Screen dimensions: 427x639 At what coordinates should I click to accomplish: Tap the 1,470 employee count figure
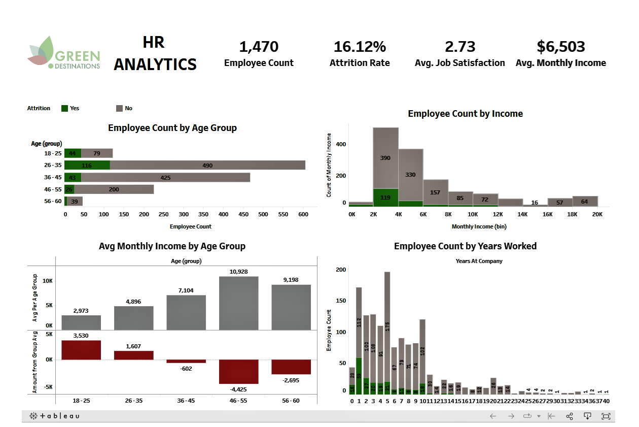tap(259, 47)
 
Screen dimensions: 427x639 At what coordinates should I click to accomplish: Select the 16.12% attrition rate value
tap(360, 47)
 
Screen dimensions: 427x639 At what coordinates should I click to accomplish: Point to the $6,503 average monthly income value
tap(560, 47)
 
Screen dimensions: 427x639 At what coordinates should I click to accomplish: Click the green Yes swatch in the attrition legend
tap(64, 108)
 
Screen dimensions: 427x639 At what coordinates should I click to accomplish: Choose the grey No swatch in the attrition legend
tap(120, 108)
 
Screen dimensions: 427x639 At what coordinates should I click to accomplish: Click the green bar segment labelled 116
tap(87, 165)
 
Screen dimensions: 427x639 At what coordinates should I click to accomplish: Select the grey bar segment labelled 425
tap(165, 177)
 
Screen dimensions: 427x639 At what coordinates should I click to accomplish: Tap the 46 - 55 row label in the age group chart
tap(52, 189)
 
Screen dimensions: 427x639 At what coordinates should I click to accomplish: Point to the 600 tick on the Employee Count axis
tap(303, 215)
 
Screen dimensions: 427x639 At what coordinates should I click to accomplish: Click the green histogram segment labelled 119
tap(385, 197)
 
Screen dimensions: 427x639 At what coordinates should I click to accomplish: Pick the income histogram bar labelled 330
tap(410, 175)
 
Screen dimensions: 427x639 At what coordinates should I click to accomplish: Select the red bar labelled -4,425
tap(238, 372)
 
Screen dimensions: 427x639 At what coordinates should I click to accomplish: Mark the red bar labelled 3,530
tap(81, 350)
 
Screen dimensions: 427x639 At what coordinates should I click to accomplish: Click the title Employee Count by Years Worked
tap(465, 246)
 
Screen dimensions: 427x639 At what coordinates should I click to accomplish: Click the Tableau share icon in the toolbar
tap(570, 416)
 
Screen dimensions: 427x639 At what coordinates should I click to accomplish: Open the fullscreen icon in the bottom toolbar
tap(606, 416)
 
